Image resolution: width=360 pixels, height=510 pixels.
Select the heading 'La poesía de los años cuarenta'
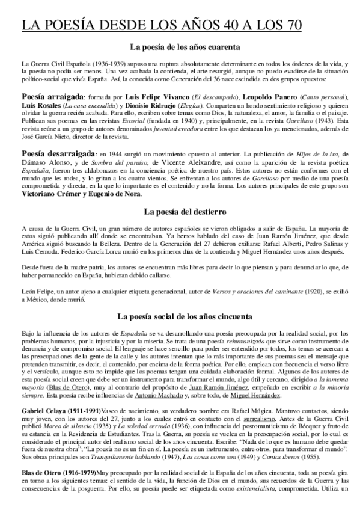click(180, 48)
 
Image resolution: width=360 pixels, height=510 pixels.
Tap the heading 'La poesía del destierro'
click(180, 211)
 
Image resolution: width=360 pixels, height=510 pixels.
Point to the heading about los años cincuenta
click(180, 315)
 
